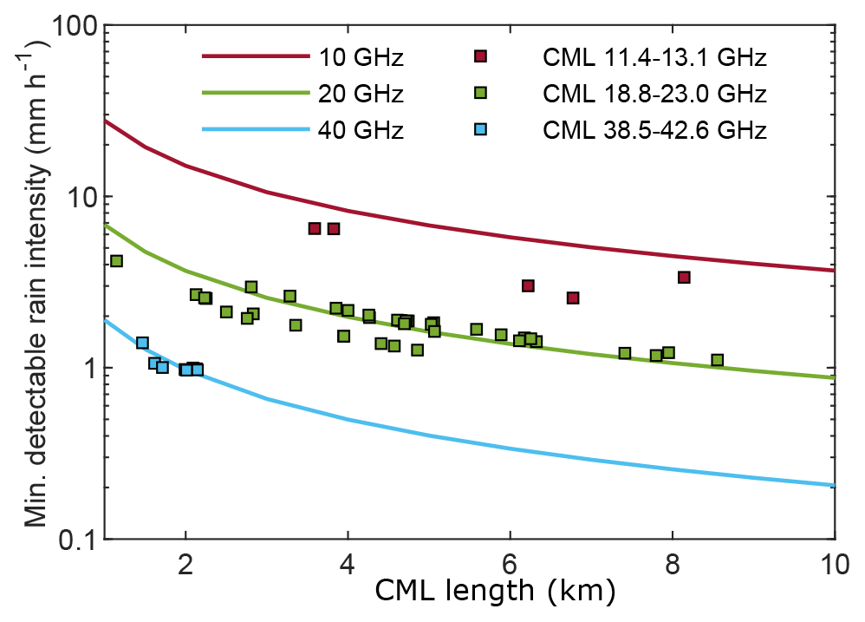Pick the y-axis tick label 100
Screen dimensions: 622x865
(x=70, y=27)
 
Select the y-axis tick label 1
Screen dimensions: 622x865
(x=85, y=368)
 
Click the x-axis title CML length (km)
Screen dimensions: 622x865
(x=495, y=593)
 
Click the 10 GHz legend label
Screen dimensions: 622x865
(x=361, y=58)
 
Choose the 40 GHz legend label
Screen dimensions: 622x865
(x=361, y=131)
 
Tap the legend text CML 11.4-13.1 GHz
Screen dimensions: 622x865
(x=654, y=58)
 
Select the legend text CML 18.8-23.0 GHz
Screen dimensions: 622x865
(x=654, y=94)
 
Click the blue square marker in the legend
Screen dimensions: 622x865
(x=481, y=130)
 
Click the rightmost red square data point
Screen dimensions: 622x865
(x=684, y=278)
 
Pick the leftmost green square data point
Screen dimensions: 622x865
(x=116, y=261)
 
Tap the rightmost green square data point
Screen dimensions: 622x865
(x=717, y=360)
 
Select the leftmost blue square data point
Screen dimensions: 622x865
(x=142, y=343)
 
